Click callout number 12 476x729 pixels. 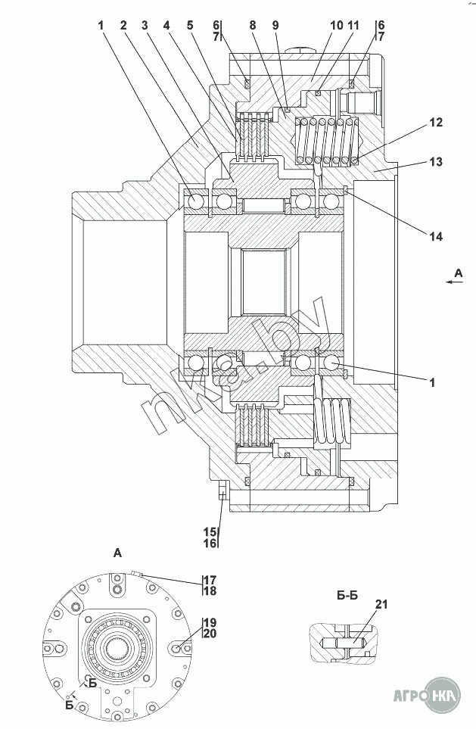coord(436,123)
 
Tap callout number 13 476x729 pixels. coord(436,162)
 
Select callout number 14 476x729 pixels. coord(436,237)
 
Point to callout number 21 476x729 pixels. coord(381,604)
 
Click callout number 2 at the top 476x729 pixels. coord(123,25)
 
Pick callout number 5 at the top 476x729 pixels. coord(190,25)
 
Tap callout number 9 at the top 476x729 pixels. coord(275,25)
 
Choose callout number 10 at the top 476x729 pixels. coord(337,25)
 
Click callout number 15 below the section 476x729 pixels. coord(210,531)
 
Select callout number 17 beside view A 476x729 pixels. coord(210,580)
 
